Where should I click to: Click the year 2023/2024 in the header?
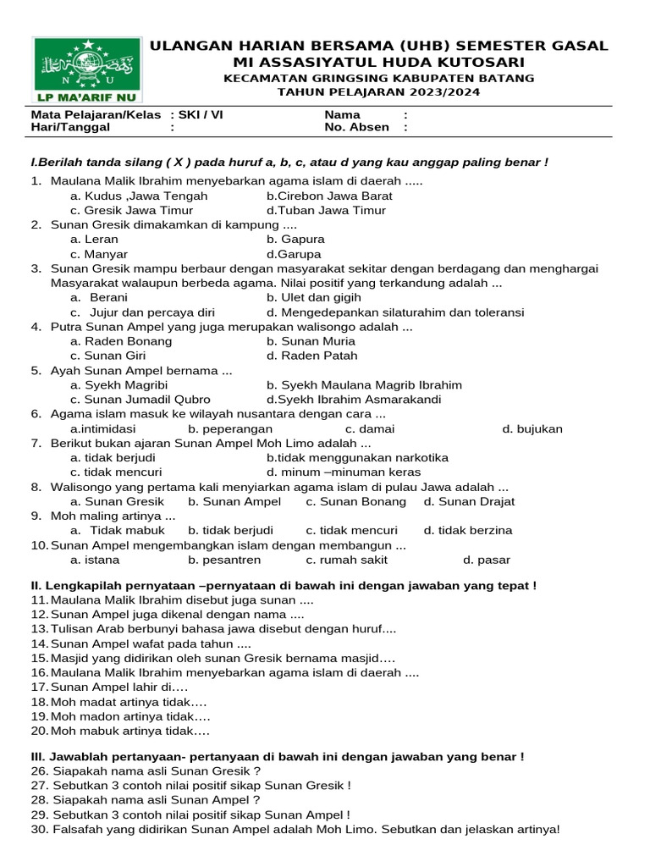pos(450,92)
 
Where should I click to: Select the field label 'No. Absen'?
pos(357,127)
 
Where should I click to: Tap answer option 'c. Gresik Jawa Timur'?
pos(132,210)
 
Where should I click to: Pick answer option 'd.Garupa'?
pos(294,254)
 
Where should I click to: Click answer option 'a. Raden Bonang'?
pos(121,341)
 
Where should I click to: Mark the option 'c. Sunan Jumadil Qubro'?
pos(140,400)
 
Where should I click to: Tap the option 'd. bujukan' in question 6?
pos(532,428)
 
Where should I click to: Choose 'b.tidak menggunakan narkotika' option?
pos(357,457)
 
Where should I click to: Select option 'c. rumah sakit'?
pos(347,560)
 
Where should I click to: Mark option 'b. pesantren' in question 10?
pos(224,560)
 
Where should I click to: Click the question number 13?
pos(39,629)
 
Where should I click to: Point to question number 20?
pos(39,731)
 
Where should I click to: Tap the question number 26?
pos(39,771)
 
